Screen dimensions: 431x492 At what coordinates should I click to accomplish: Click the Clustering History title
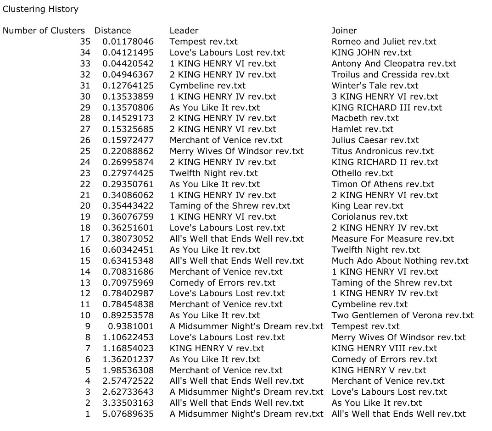point(40,9)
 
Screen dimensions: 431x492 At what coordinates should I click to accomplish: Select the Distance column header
point(112,31)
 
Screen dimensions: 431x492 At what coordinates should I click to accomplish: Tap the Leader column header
point(184,31)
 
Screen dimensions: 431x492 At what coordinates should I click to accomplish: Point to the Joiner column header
point(344,31)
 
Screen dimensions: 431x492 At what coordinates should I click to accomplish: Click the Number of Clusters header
point(44,31)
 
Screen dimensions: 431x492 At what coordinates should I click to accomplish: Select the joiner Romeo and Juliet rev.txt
point(384,42)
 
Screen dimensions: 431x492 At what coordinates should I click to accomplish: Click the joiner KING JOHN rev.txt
point(371,53)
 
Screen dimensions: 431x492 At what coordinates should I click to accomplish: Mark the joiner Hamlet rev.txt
point(363,129)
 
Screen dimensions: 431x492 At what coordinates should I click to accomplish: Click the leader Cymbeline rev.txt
point(207,86)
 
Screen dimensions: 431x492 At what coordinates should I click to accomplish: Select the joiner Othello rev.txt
point(363,173)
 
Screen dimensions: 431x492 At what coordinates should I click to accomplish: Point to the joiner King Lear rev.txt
point(368,206)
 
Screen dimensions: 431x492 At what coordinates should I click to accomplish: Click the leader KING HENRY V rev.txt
point(217,348)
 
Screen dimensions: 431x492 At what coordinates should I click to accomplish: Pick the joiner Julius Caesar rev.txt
point(375,140)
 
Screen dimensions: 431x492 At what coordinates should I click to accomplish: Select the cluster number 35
point(85,42)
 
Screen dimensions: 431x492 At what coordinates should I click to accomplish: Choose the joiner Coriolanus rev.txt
point(369,217)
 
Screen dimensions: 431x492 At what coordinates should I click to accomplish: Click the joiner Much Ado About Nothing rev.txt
point(400,261)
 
